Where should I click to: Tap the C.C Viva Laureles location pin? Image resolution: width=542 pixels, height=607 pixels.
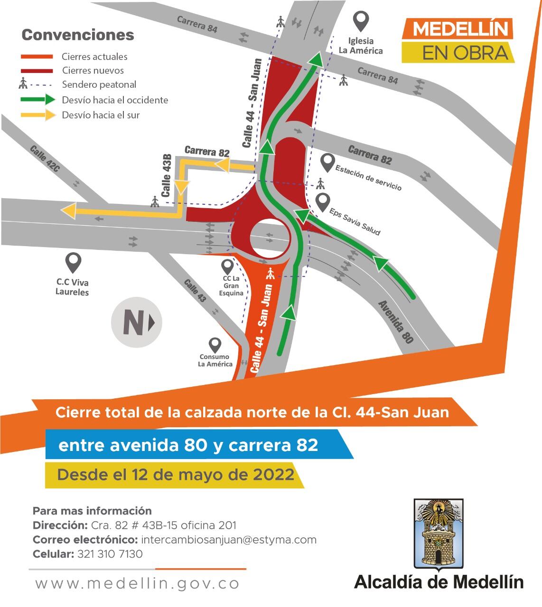[x=73, y=262]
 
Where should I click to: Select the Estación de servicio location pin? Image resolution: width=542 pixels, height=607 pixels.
[x=327, y=163]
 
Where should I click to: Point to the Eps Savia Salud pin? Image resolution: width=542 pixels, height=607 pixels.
[x=323, y=203]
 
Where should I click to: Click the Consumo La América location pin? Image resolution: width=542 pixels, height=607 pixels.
[x=215, y=345]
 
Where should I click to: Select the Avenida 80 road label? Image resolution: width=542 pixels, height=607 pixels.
[x=396, y=322]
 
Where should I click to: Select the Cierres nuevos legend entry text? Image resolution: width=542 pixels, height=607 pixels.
[x=93, y=71]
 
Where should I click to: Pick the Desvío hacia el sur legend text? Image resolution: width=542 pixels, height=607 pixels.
[x=101, y=115]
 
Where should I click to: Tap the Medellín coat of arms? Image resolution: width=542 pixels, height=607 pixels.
[x=438, y=533]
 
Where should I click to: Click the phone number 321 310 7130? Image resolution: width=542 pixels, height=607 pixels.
[x=109, y=554]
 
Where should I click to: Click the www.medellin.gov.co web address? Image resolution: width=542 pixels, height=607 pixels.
[x=137, y=584]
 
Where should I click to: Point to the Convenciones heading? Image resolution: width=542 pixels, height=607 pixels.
[x=78, y=35]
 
